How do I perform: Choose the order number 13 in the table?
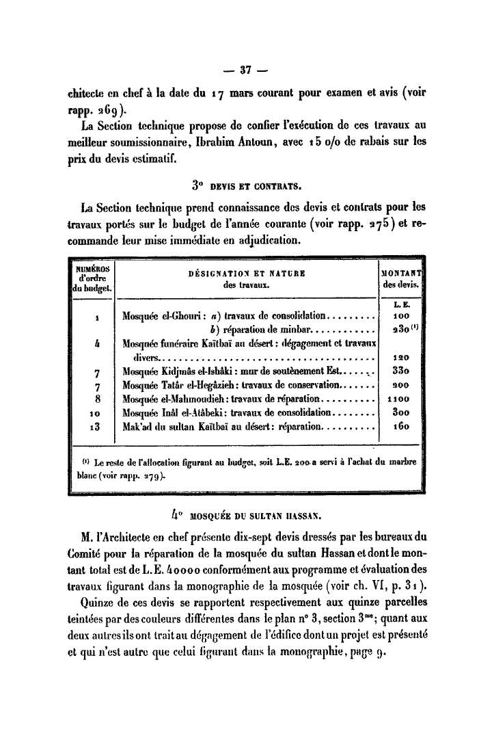point(95,427)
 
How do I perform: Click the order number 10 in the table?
point(95,412)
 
